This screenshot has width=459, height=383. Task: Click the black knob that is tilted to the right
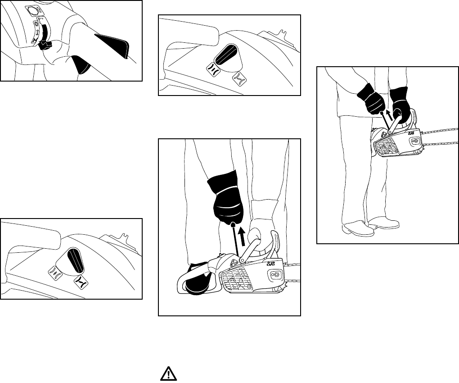[225, 55]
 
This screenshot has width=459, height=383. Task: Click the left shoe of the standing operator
[357, 229]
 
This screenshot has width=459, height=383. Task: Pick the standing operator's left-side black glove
[372, 99]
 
